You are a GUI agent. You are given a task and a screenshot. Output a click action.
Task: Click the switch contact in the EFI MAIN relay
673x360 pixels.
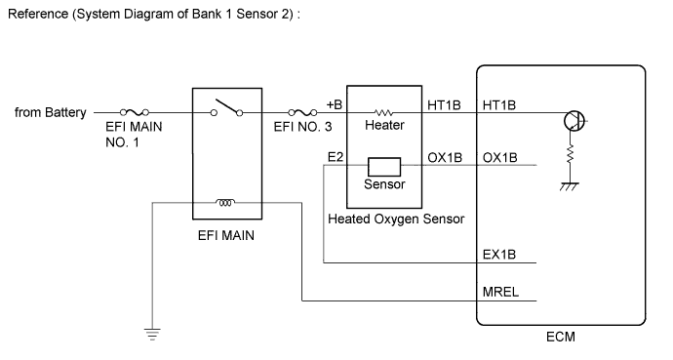[225, 106]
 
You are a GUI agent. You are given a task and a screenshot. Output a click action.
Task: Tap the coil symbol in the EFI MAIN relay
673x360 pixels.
[225, 204]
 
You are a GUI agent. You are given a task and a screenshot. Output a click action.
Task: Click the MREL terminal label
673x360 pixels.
[499, 291]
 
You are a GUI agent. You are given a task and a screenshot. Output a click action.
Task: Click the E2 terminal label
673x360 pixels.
[334, 157]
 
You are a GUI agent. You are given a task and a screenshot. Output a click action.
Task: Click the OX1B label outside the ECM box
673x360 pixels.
[445, 157]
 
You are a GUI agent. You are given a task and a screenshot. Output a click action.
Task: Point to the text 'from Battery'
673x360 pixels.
[50, 113]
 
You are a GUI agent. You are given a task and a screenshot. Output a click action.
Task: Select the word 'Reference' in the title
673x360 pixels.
[36, 17]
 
